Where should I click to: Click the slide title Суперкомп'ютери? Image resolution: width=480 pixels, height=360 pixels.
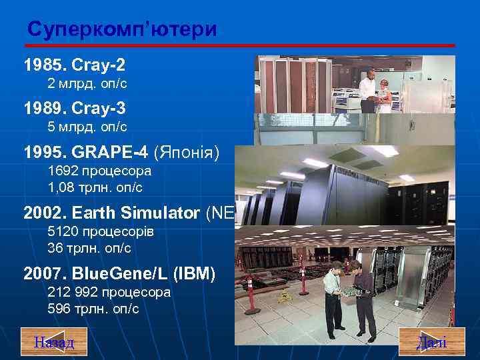122,30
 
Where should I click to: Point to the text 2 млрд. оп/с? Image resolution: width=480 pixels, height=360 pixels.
87,84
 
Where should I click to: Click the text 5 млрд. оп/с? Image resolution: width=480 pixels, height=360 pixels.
87,127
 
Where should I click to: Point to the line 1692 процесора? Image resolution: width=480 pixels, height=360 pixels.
99,171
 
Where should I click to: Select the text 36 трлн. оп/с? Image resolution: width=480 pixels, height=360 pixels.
89,248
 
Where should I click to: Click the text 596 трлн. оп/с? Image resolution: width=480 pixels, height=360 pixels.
93,309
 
